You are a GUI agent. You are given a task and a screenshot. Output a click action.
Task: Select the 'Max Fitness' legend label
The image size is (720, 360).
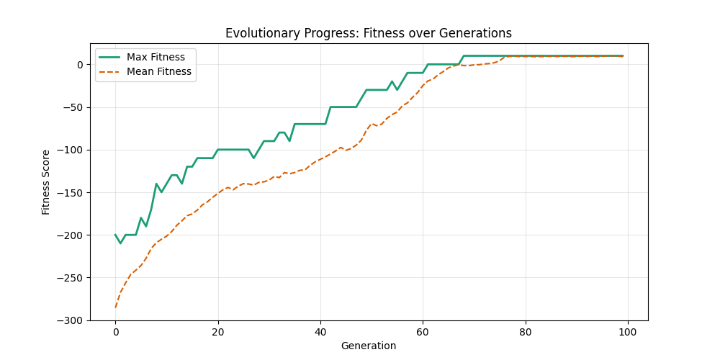pos(156,57)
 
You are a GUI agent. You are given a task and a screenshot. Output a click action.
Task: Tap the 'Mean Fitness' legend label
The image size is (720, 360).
pos(158,71)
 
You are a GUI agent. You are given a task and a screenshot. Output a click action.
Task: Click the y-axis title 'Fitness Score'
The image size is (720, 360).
pos(46,182)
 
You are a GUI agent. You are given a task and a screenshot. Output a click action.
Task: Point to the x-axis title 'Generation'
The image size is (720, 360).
pos(369,346)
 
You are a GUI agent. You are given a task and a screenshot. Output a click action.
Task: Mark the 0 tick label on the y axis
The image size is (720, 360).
pos(81,65)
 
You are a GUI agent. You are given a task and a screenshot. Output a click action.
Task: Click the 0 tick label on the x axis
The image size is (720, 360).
pos(115,331)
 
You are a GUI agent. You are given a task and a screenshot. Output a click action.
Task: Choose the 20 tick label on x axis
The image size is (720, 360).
pos(217,331)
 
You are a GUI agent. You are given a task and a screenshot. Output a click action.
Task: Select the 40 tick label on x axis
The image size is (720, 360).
pos(320,331)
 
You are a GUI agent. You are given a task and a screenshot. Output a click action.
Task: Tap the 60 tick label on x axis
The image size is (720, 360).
pos(423,331)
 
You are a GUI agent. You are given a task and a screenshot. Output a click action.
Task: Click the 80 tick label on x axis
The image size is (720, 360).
pos(526,331)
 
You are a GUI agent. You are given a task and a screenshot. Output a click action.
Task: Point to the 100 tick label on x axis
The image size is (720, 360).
pos(628,331)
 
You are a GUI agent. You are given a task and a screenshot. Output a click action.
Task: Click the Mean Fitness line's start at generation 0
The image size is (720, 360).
pos(115,307)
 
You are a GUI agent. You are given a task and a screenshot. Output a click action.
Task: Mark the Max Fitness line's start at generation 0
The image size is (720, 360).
pos(115,235)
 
